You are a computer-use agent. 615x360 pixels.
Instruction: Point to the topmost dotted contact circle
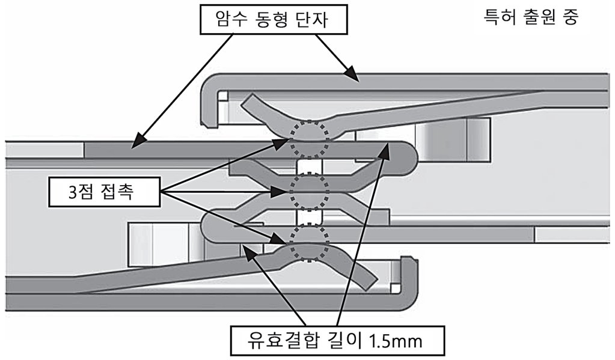(x=310, y=137)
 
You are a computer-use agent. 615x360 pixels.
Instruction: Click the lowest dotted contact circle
(x=309, y=243)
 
